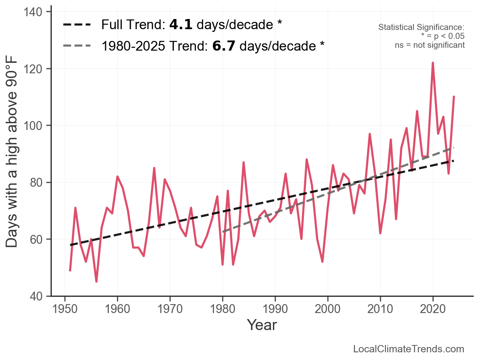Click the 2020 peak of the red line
[433, 63]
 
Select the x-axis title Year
[262, 325]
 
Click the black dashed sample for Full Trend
[77, 25]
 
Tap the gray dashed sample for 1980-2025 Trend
[77, 46]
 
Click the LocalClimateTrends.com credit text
[409, 349]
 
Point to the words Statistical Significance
[421, 27]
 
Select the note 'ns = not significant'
[430, 45]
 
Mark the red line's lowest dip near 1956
[96, 281]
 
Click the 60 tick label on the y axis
[38, 239]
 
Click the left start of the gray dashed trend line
[223, 232]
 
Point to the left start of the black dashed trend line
[71, 245]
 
